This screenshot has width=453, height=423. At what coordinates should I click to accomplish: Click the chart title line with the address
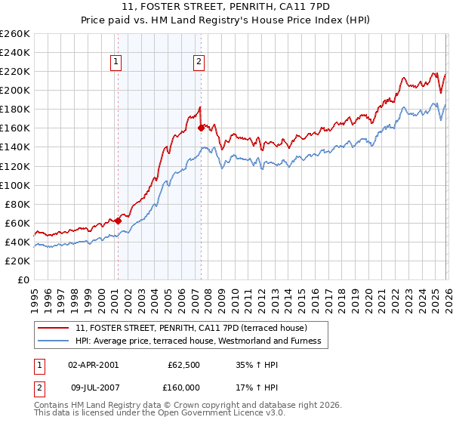pos(226,7)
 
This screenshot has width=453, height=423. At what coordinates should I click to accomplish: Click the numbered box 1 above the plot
pos(117,63)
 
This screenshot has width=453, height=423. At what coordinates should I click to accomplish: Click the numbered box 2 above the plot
pos(199,63)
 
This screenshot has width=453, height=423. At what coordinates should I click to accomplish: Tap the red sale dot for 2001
pos(118,221)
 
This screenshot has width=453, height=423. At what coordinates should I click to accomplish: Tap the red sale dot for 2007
pos(201,128)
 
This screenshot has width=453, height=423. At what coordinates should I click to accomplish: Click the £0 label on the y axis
pos(23,279)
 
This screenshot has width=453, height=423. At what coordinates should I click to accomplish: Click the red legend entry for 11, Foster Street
pos(191,328)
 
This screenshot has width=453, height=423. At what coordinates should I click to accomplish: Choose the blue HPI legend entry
pos(198,341)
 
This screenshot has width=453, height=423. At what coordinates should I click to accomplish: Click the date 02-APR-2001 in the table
pos(93,365)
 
